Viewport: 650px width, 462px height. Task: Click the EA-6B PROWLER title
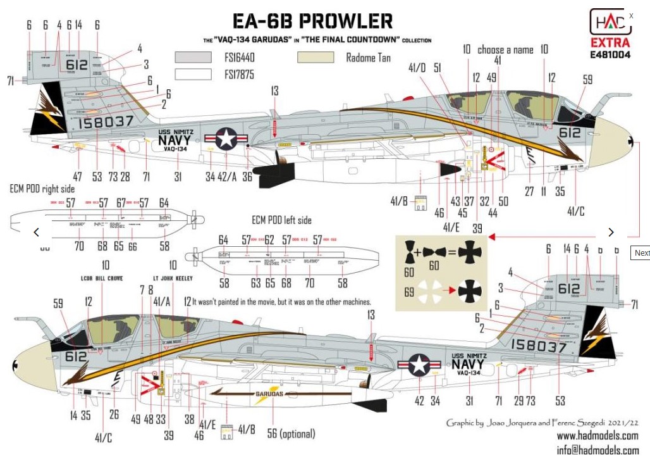(312, 21)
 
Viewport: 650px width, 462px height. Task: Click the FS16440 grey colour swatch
(193, 57)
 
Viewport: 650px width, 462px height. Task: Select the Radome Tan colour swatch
(316, 58)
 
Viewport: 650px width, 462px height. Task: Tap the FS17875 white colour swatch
(193, 74)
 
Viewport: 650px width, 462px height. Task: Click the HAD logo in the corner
(610, 22)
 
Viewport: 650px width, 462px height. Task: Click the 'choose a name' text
(505, 49)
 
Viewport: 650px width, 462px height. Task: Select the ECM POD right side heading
(42, 189)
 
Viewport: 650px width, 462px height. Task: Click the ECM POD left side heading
(281, 220)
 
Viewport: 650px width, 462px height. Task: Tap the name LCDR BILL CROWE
(102, 278)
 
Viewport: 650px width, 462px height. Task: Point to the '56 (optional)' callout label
(289, 434)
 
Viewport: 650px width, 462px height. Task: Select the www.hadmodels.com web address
(597, 436)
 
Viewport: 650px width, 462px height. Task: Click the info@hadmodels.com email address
(597, 451)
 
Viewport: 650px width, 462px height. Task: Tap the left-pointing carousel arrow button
(37, 232)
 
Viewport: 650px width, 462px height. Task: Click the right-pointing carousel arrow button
(611, 232)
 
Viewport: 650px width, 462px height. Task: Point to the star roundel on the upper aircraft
(226, 139)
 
